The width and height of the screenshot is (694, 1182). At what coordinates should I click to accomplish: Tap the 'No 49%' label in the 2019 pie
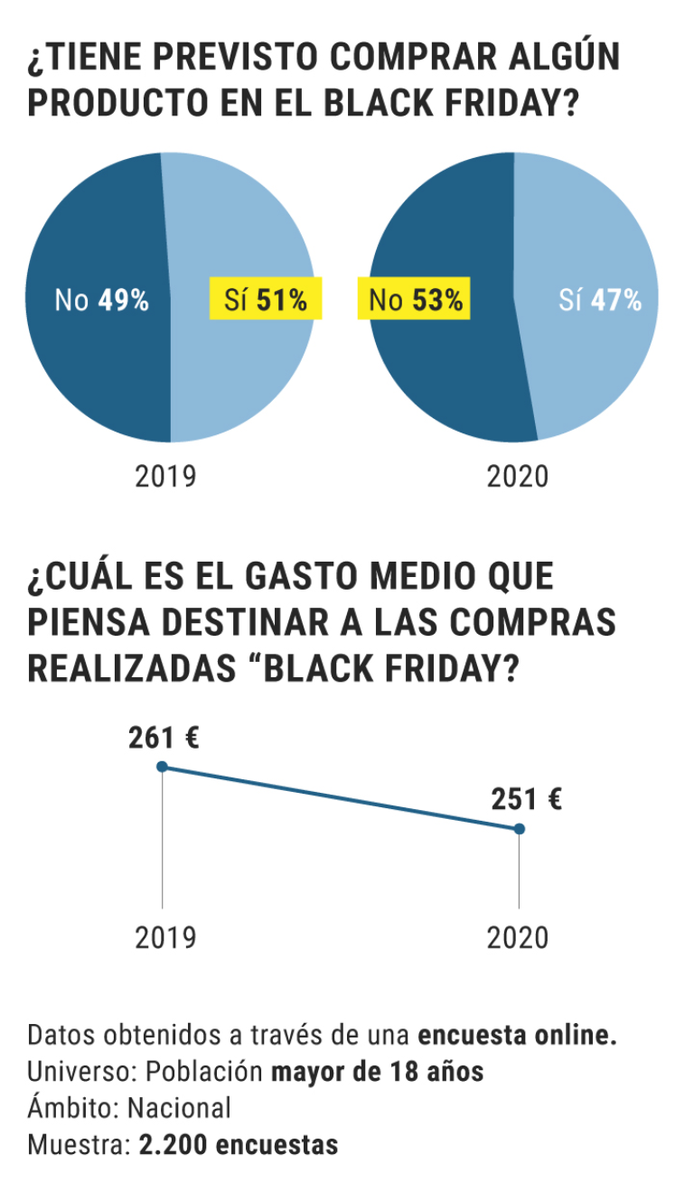(101, 300)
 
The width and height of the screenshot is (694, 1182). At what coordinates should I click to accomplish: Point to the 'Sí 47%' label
(600, 300)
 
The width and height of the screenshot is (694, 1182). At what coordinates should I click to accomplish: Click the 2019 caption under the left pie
(165, 476)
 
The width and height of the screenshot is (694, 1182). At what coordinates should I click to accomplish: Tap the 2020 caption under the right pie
(518, 476)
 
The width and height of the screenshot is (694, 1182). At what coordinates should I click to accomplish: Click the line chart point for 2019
(163, 767)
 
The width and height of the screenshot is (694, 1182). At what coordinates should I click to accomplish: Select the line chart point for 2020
(519, 828)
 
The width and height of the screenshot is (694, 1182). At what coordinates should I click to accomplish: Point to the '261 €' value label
(164, 739)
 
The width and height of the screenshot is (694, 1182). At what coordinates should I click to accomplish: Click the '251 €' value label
(527, 799)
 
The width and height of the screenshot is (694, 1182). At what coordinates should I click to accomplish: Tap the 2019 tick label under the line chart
(165, 937)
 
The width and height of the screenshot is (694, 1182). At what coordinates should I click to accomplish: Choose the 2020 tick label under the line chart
(518, 937)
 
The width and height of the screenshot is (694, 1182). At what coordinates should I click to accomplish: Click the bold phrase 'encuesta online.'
(517, 1036)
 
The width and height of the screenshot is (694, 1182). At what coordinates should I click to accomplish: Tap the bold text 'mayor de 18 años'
(378, 1072)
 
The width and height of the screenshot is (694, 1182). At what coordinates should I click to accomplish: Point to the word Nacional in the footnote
(179, 1108)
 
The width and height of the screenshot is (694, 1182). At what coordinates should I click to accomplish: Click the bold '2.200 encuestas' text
(239, 1145)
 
